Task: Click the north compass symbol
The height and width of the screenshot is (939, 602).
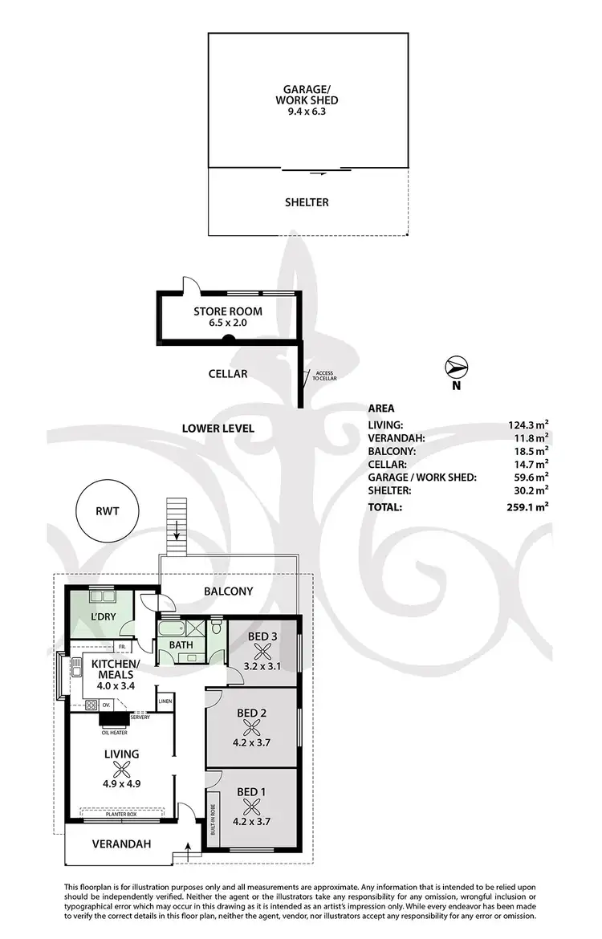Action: click(x=456, y=368)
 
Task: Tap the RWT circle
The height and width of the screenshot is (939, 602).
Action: click(x=104, y=510)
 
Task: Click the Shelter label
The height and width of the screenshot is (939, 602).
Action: click(x=308, y=202)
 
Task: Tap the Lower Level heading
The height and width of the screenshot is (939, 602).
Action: click(x=218, y=429)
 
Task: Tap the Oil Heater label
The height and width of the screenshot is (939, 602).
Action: click(x=116, y=731)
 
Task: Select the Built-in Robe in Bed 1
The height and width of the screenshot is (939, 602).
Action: click(x=214, y=821)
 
